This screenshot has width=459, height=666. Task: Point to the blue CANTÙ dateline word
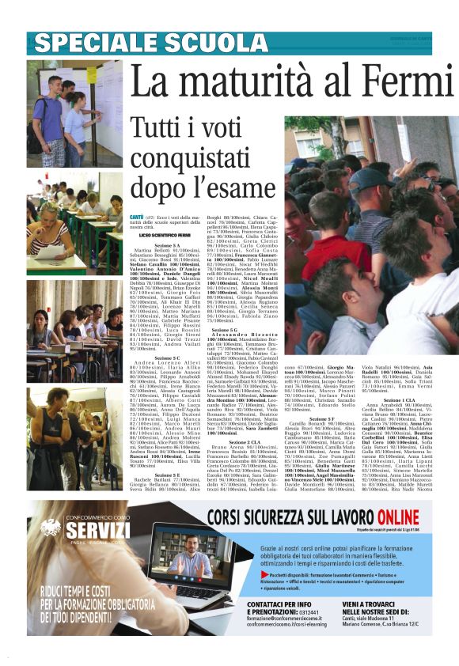pos(137,217)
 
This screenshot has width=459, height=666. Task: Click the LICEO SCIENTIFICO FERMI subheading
pos(165,236)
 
